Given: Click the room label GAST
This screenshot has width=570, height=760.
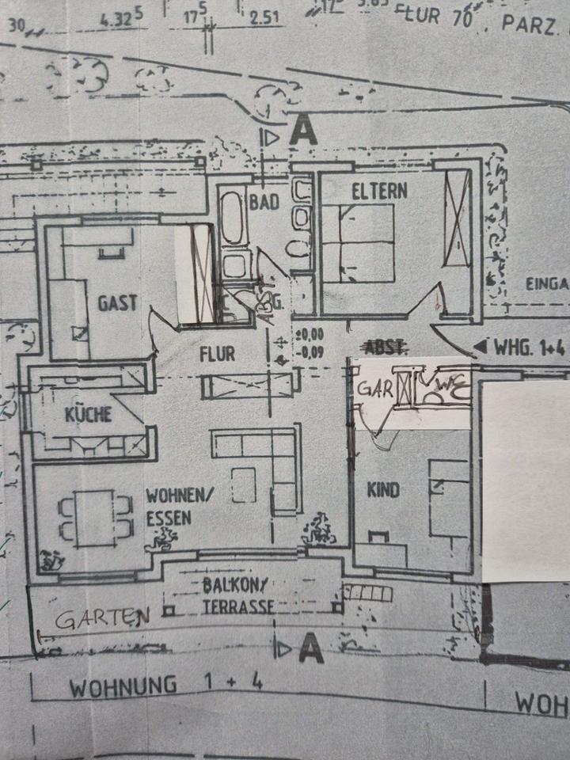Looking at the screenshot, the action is (117, 302).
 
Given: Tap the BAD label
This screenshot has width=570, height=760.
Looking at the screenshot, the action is (264, 201).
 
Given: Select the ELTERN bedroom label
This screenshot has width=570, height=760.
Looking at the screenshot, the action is (380, 191).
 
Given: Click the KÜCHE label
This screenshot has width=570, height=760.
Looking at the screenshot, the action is (88, 414).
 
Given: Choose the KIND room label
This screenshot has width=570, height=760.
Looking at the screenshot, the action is (382, 490).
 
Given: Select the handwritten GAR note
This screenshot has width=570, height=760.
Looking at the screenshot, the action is (374, 389).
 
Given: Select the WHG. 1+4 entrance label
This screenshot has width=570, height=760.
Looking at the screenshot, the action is (528, 346).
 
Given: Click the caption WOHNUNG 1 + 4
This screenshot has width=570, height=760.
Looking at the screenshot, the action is (165, 686).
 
